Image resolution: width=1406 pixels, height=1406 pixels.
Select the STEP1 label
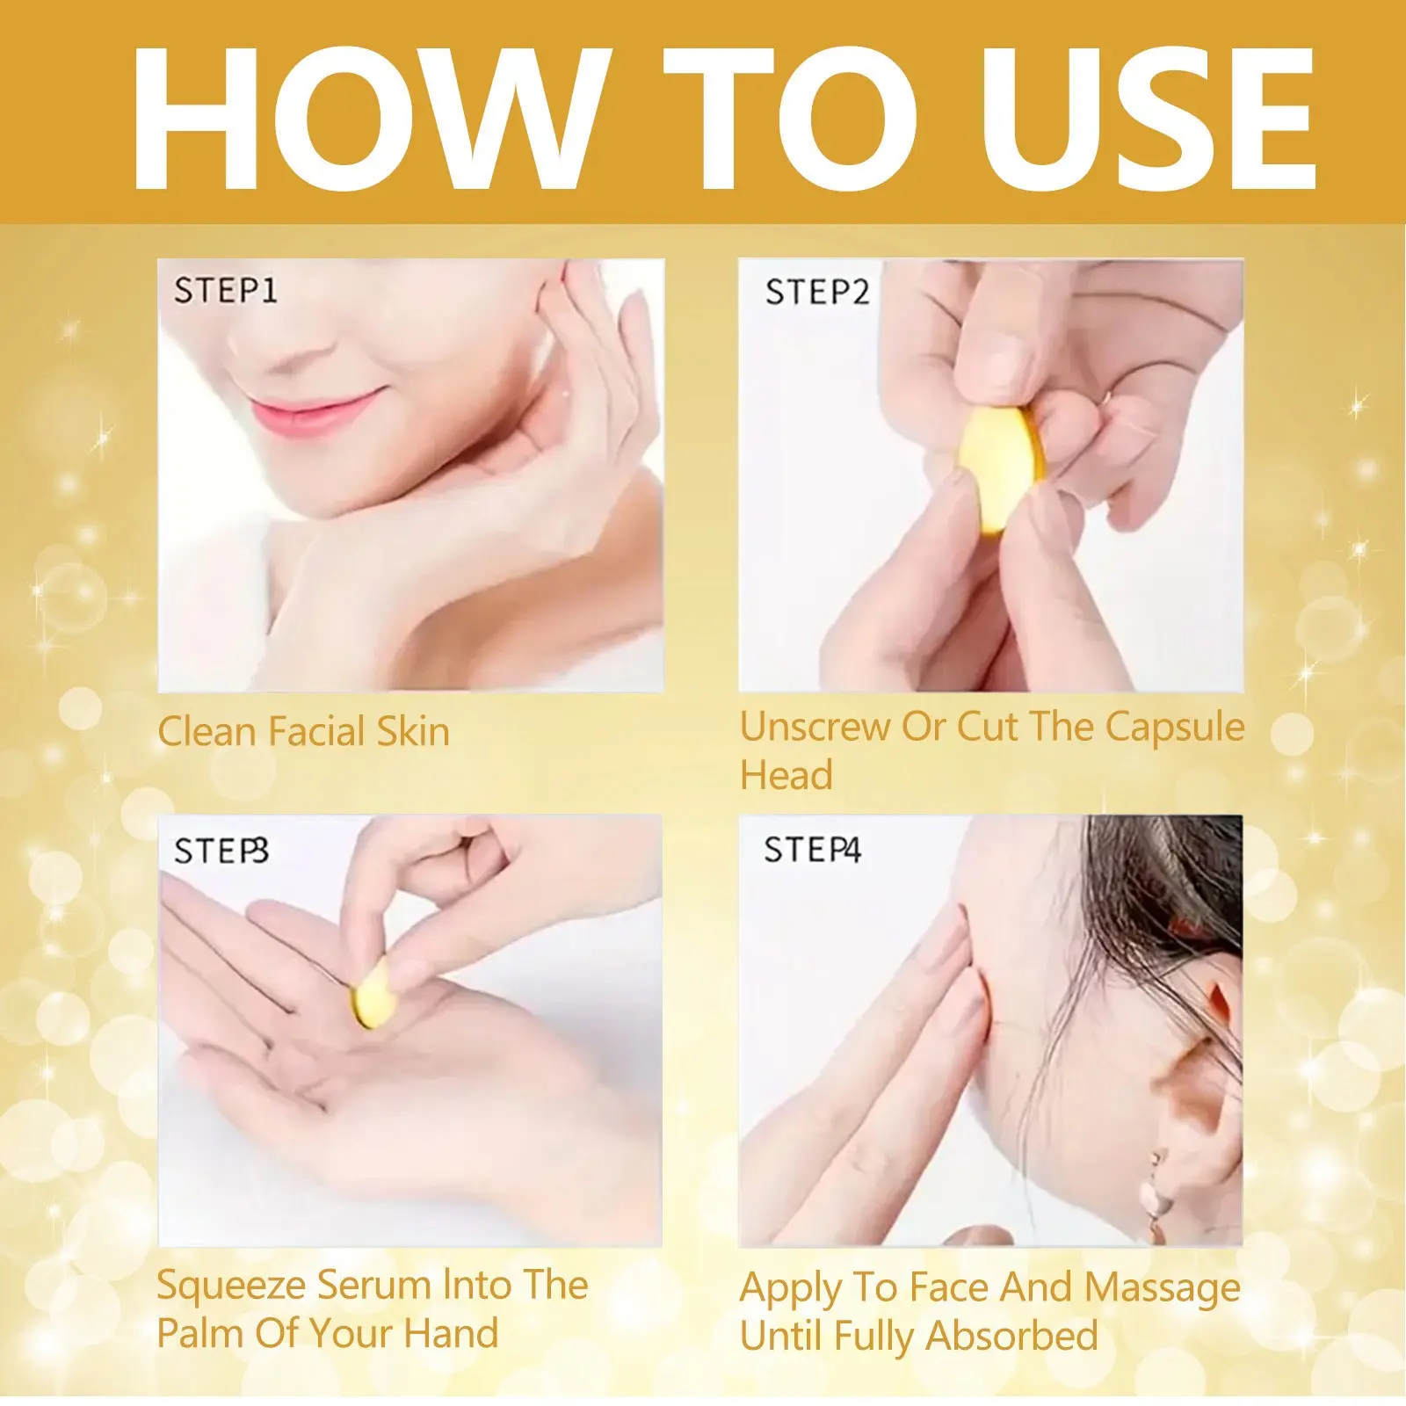click(x=225, y=291)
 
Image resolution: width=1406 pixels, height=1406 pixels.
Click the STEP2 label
click(x=816, y=292)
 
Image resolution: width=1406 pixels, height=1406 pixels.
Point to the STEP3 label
click(x=221, y=851)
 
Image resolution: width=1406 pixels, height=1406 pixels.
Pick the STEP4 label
click(x=812, y=850)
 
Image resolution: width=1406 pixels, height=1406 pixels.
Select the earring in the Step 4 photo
click(x=1154, y=1191)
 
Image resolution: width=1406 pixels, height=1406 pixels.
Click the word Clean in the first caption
click(x=207, y=731)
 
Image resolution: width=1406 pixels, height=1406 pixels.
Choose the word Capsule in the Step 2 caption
click(x=1175, y=728)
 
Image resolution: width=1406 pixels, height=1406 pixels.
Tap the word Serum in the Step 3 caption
click(x=374, y=1286)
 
